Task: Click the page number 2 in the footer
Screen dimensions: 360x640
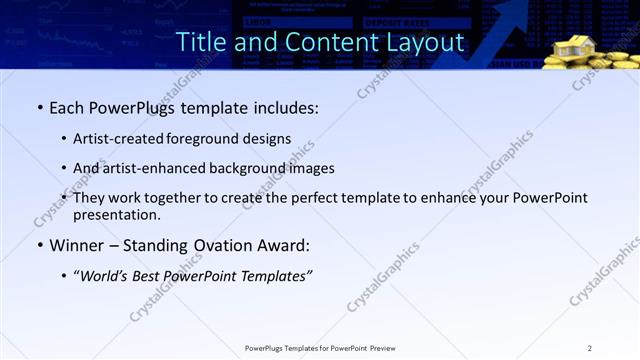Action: tap(589, 348)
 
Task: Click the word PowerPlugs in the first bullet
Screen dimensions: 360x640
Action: tap(132, 108)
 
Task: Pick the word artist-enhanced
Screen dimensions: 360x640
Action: tap(154, 168)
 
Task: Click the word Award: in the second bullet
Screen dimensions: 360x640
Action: tap(286, 245)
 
